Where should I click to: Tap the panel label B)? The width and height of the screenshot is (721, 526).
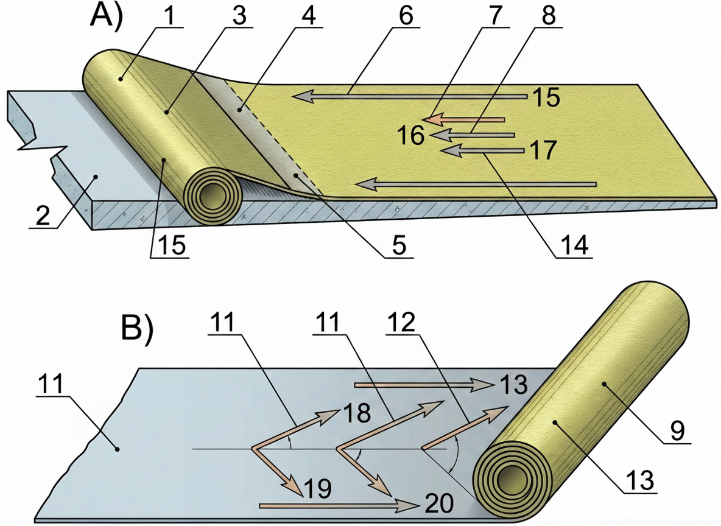pos(138,329)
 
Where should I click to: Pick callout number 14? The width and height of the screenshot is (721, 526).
pos(575,245)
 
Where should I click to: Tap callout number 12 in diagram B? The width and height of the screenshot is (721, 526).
pos(401,323)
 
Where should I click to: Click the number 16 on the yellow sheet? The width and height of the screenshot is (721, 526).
pos(412,135)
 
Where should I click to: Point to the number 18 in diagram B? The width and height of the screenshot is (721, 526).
pos(356,413)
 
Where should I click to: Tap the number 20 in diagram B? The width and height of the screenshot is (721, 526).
pos(438,503)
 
